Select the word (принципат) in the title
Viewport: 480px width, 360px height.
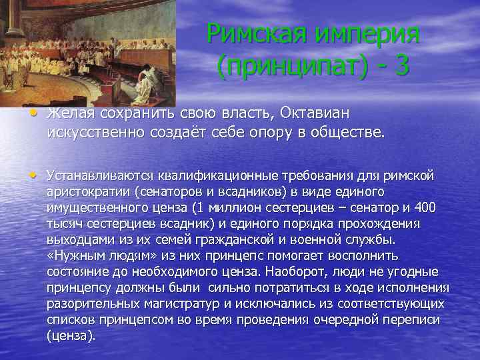click(285, 67)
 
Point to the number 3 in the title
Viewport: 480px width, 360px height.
click(401, 67)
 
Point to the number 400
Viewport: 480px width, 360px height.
click(425, 209)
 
